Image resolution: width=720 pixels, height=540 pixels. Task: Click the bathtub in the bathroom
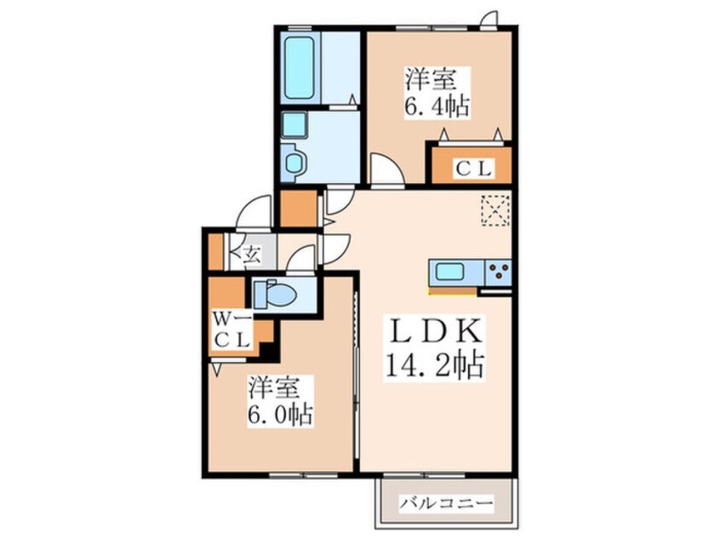tap(299, 67)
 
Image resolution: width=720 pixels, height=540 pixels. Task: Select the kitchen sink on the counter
tap(449, 272)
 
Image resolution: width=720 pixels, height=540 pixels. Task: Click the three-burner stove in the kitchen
tap(499, 272)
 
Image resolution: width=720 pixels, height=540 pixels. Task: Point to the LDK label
tap(435, 330)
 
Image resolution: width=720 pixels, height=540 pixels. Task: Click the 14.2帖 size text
tap(434, 365)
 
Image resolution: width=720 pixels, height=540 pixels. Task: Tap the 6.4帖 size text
tap(437, 106)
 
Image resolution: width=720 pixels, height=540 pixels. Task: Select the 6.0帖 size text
tap(281, 415)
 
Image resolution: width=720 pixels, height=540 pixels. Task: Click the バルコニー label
tap(446, 503)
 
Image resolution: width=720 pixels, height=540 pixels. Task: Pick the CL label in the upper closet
tap(473, 169)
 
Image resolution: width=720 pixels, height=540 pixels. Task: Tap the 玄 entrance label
tap(252, 254)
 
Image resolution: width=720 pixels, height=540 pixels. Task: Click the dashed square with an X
tap(495, 210)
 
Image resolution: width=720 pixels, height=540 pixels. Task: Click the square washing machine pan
tap(294, 124)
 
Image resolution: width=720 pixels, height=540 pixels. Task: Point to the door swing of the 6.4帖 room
tap(387, 170)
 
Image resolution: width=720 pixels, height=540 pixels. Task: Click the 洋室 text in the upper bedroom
tap(430, 79)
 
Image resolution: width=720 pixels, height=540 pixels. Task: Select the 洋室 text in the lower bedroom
tap(275, 388)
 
